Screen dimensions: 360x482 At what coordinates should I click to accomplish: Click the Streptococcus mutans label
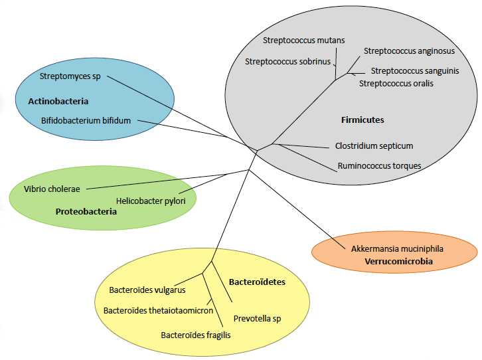coord(303,41)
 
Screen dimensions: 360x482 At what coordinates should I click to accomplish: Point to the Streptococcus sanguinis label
coord(415,71)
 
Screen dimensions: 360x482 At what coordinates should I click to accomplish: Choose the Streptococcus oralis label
coord(396,84)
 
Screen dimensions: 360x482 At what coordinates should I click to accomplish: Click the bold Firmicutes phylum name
coord(362,120)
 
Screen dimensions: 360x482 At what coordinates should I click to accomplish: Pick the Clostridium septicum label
coord(374,146)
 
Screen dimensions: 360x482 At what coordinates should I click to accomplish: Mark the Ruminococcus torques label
coord(379,165)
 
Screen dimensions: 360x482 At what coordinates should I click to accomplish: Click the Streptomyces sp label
coord(70,76)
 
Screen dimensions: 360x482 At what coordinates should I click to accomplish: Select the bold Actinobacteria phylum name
coord(58,102)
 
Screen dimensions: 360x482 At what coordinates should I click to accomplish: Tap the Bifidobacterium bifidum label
coord(86,121)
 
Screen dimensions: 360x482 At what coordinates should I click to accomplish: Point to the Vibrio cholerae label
coord(52,189)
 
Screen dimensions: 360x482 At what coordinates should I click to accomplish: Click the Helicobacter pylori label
coord(151,200)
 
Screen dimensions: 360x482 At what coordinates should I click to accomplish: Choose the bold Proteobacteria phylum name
coord(86,212)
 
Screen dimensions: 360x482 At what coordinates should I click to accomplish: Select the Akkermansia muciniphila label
coord(397,249)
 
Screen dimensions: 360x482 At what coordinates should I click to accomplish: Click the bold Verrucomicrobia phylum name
coord(398,262)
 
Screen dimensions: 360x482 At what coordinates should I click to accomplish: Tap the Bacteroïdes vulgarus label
coord(147,290)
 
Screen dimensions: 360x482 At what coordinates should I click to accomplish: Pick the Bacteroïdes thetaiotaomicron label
coord(158,310)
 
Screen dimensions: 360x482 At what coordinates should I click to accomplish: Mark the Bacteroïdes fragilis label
coord(196,335)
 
